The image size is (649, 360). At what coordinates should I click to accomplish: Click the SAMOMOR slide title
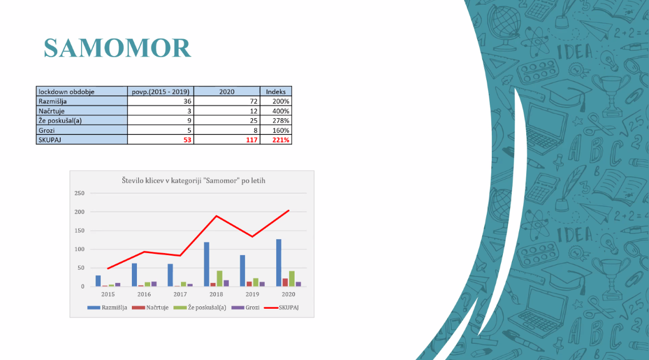point(117,48)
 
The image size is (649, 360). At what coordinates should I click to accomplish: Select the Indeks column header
point(276,92)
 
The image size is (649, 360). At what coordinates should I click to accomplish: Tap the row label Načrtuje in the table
point(52,111)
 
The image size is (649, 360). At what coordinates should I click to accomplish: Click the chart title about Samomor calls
point(193,181)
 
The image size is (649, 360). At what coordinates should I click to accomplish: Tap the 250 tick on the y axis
point(80,193)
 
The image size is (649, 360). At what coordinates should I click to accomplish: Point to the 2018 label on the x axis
point(216,294)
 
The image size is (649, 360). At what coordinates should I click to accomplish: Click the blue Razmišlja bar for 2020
point(279,263)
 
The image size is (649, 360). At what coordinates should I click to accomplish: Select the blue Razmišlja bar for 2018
point(206,264)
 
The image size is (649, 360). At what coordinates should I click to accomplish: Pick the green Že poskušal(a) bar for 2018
point(220,278)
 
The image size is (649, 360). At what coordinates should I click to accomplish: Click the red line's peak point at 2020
point(289,211)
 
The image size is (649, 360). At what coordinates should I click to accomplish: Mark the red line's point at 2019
point(253,236)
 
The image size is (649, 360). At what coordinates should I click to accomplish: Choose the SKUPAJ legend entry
point(281,308)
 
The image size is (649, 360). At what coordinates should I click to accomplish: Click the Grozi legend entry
point(245,308)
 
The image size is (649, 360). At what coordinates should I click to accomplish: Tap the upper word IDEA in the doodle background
point(574,52)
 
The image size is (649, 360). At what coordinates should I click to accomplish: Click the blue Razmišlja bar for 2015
point(98,281)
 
